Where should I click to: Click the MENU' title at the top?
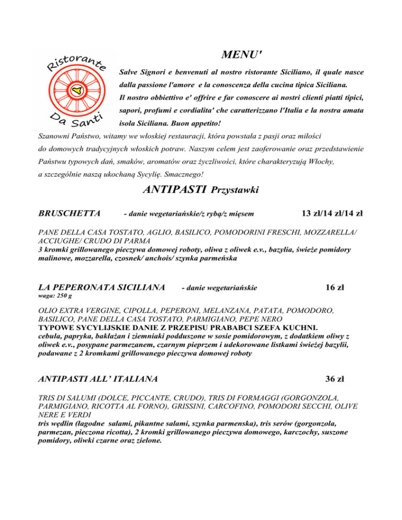coord(241,54)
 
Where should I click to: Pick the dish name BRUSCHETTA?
coord(70,213)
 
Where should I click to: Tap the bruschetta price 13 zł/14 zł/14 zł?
coord(332,213)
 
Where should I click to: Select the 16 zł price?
coord(334,287)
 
